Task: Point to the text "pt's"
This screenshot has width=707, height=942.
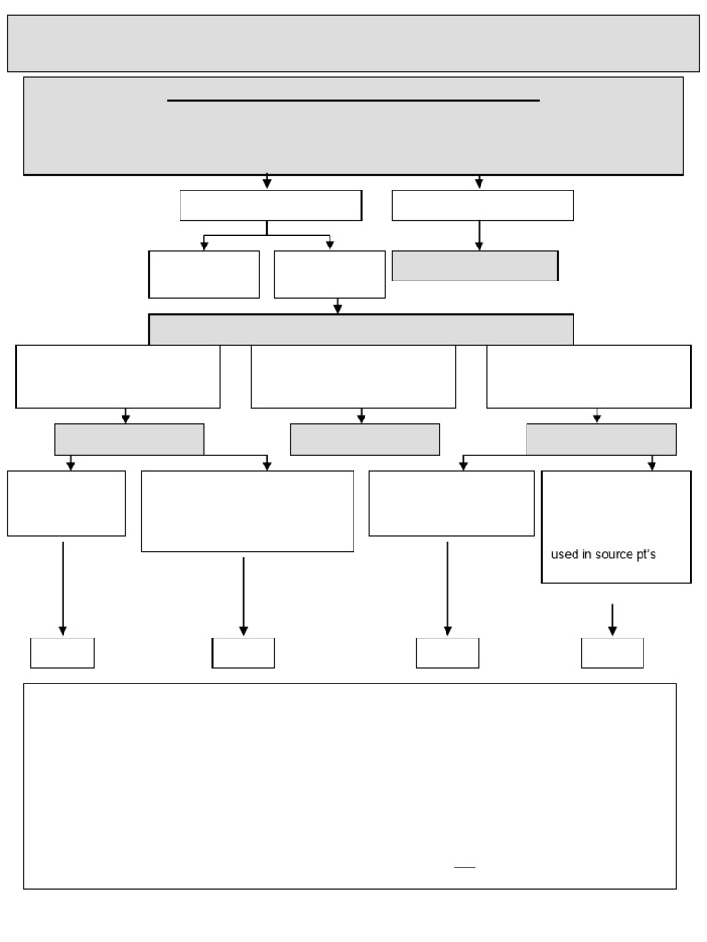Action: tap(646, 555)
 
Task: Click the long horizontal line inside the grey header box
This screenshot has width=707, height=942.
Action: tap(353, 100)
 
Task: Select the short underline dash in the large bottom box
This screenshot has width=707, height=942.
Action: tap(465, 867)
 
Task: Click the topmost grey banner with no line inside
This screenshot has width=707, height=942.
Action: tap(353, 43)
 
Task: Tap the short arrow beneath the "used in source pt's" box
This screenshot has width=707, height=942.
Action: tap(612, 618)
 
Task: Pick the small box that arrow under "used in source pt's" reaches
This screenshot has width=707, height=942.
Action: tap(612, 653)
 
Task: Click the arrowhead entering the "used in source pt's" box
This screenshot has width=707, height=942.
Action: tap(652, 465)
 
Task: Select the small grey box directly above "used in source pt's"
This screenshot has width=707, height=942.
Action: tap(601, 440)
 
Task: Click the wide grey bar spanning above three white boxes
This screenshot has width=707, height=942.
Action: tap(361, 329)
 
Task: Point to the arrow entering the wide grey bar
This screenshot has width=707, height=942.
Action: tap(338, 306)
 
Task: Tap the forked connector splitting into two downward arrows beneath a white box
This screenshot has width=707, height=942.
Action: tap(267, 235)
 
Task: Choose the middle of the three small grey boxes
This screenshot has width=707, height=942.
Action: tap(365, 440)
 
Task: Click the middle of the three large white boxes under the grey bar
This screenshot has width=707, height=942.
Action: tap(353, 376)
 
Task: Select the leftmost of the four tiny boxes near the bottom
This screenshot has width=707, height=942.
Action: tap(63, 653)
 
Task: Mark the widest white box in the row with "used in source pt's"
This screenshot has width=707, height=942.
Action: tap(247, 511)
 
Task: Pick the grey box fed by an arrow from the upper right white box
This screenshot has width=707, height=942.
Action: tap(475, 266)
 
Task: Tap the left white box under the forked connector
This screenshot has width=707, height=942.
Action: tap(204, 274)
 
